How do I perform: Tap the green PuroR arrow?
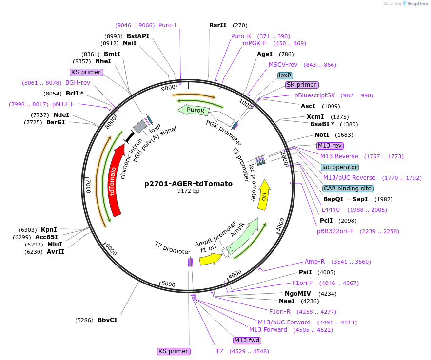pyautogui.click(x=196, y=111)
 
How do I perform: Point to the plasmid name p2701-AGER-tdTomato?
pyautogui.click(x=188, y=184)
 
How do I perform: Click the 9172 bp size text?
pyautogui.click(x=188, y=191)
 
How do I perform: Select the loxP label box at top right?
pyautogui.click(x=285, y=76)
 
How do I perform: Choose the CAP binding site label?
pyautogui.click(x=348, y=189)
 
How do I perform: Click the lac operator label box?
pyautogui.click(x=340, y=167)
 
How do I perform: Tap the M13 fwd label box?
pyautogui.click(x=247, y=341)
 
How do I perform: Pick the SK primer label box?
pyautogui.click(x=302, y=85)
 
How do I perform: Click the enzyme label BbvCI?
pyautogui.click(x=107, y=320)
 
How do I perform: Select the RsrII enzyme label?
pyautogui.click(x=218, y=25)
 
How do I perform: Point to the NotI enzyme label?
pyautogui.click(x=322, y=134)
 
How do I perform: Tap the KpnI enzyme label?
pyautogui.click(x=49, y=230)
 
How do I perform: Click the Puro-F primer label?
pyautogui.click(x=168, y=25)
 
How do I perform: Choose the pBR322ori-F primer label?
pyautogui.click(x=335, y=231)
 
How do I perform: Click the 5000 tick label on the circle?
pyautogui.click(x=168, y=284)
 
